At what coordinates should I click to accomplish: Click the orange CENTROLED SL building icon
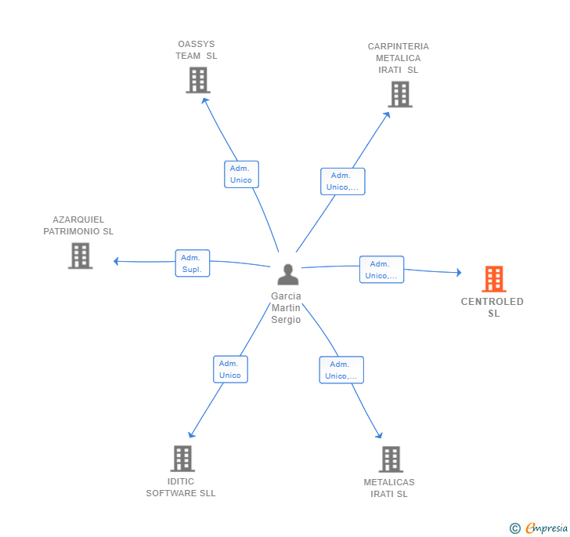click(493, 278)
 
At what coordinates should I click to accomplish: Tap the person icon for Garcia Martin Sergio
click(288, 274)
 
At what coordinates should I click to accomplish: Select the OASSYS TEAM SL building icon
click(198, 80)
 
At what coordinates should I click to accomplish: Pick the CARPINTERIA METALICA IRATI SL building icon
click(399, 94)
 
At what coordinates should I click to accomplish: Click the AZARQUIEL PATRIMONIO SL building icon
click(80, 256)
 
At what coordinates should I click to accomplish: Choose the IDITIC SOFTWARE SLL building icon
click(182, 459)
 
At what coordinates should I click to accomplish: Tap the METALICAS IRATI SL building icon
click(390, 459)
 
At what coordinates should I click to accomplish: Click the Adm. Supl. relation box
click(192, 263)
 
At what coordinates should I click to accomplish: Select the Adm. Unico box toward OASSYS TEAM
click(241, 174)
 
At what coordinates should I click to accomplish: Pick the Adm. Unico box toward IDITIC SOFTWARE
click(230, 369)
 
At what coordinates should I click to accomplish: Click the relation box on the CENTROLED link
click(381, 270)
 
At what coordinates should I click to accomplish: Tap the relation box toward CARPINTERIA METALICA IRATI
click(342, 181)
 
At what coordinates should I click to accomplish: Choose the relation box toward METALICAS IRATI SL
click(341, 370)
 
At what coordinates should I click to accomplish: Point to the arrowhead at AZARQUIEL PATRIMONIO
click(116, 261)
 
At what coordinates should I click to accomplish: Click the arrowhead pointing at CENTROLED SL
click(459, 272)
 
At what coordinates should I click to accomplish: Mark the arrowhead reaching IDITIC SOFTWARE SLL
click(191, 435)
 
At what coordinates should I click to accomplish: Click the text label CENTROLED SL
click(492, 307)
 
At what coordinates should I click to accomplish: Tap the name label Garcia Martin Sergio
click(286, 308)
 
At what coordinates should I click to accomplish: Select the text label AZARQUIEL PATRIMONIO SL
click(78, 226)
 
